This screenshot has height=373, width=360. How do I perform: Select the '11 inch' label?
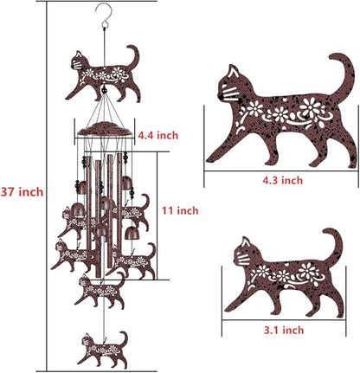[181, 210]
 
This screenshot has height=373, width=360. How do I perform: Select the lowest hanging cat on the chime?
[101, 348]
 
